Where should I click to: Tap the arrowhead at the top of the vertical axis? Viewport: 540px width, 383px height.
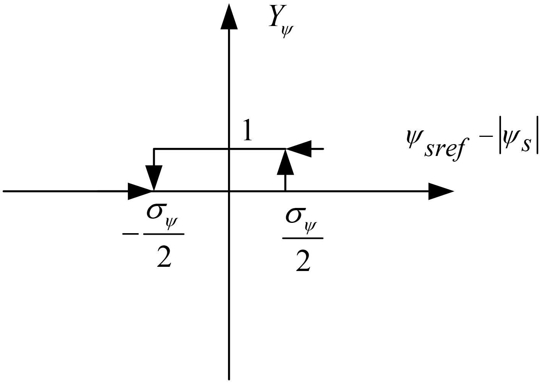pos(229,18)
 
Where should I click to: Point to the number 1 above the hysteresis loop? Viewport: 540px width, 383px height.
pos(247,131)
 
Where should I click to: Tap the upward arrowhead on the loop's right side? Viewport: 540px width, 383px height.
pos(285,163)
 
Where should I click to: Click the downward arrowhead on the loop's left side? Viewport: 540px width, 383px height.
pos(154,177)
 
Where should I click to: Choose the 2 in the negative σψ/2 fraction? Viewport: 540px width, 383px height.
pos(164,258)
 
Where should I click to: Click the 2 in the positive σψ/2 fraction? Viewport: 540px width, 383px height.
pos(302,262)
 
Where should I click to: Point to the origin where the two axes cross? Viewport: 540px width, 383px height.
pos(229,191)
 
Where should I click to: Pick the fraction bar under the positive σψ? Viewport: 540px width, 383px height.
pos(303,238)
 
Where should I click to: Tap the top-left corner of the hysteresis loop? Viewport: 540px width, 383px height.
pos(154,149)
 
